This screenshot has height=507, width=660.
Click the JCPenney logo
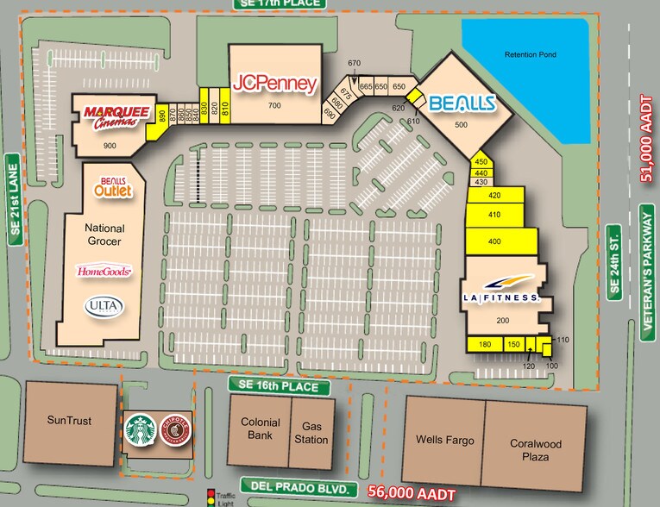[x=274, y=83]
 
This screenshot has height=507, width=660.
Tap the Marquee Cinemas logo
[x=116, y=116]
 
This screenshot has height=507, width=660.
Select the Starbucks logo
[x=140, y=430]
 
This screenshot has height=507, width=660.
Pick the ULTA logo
[x=104, y=305]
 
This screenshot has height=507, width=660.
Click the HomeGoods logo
[x=104, y=272]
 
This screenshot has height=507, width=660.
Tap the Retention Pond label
[x=531, y=54]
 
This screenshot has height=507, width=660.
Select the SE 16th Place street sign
[x=279, y=385]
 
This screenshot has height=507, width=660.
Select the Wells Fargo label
[x=445, y=440]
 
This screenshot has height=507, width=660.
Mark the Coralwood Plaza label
[x=536, y=450]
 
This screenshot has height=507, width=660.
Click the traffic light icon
[x=211, y=497]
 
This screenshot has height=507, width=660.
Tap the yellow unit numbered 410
[x=494, y=215]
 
